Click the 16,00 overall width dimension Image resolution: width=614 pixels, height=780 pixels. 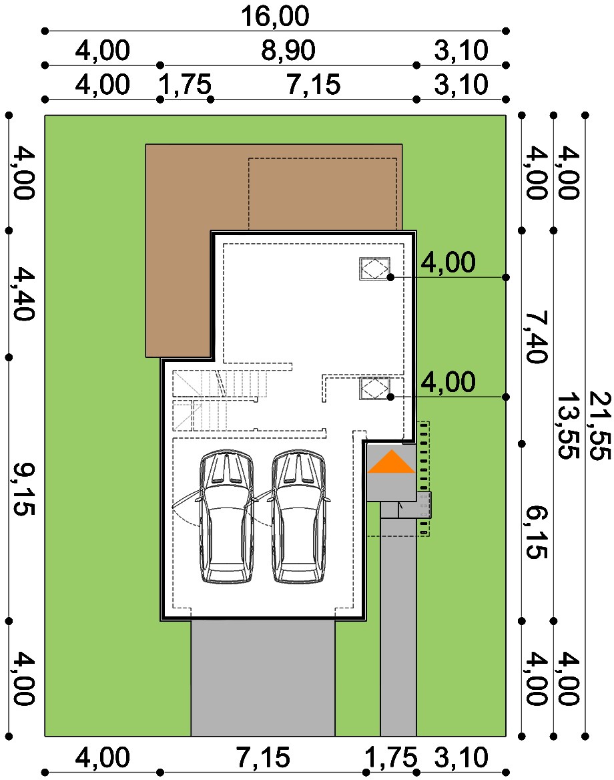pyautogui.click(x=275, y=16)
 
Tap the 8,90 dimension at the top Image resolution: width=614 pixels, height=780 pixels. pyautogui.click(x=288, y=50)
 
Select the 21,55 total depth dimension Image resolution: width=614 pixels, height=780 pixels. pyautogui.click(x=599, y=425)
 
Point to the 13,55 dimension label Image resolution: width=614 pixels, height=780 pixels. pyautogui.click(x=568, y=425)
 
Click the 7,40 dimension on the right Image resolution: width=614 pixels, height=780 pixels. pyautogui.click(x=536, y=337)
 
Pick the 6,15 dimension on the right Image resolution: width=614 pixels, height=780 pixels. pyautogui.click(x=536, y=532)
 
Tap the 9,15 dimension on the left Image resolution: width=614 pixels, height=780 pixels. pyautogui.click(x=23, y=489)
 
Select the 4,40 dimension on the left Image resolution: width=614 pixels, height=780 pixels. pyautogui.click(x=23, y=293)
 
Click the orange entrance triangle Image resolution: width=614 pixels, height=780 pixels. pyautogui.click(x=391, y=461)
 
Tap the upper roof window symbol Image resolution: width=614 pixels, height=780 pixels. pyautogui.click(x=375, y=268)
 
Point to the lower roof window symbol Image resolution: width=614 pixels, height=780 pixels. pyautogui.click(x=375, y=389)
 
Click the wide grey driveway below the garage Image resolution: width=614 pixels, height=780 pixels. pyautogui.click(x=263, y=678)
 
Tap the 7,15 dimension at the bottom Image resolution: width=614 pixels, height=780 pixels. pyautogui.click(x=262, y=757)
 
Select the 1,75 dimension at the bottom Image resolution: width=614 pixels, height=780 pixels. pyautogui.click(x=391, y=757)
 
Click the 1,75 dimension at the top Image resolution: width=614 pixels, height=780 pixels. pyautogui.click(x=185, y=85)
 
